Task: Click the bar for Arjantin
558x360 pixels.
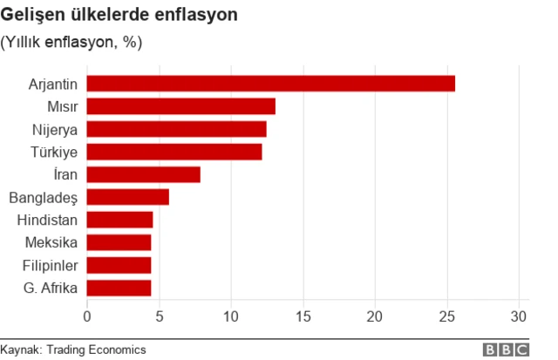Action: (x=271, y=84)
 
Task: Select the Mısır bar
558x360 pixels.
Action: (x=181, y=106)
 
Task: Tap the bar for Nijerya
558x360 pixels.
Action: (x=177, y=129)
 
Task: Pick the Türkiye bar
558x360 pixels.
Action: (x=174, y=152)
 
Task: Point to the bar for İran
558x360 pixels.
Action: (x=144, y=174)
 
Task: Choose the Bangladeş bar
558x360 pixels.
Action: (x=128, y=197)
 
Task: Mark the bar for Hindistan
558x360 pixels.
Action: (x=120, y=220)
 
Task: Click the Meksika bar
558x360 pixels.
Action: (x=119, y=242)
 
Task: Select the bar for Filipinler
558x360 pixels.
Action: (x=119, y=265)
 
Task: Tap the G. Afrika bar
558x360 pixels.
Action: (x=119, y=288)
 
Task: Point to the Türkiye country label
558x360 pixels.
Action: (x=55, y=153)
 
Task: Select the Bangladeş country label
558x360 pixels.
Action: (x=44, y=198)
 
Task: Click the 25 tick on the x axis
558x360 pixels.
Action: (x=447, y=315)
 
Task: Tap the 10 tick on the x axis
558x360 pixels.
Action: (x=231, y=315)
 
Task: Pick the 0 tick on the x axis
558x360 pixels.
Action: (x=87, y=315)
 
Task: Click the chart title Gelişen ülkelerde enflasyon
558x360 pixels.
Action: (x=132, y=16)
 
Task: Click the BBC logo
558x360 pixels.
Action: (x=507, y=350)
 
